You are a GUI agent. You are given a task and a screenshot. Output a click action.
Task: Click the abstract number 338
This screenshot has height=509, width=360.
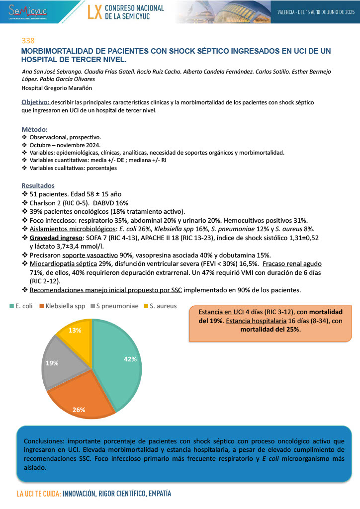point(28,40)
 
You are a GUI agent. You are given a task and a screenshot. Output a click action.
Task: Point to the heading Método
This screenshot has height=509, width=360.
point(35,129)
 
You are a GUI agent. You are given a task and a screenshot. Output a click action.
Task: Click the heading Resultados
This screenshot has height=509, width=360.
point(38,185)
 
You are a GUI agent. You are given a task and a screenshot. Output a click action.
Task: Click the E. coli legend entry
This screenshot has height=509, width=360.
point(22,306)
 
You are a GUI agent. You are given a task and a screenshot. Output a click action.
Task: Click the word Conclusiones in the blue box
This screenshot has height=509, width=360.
point(45,441)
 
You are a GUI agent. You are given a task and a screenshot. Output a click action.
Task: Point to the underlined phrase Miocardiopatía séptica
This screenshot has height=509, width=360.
point(63,263)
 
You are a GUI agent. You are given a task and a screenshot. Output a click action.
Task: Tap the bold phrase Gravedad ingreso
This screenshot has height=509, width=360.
point(55,238)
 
